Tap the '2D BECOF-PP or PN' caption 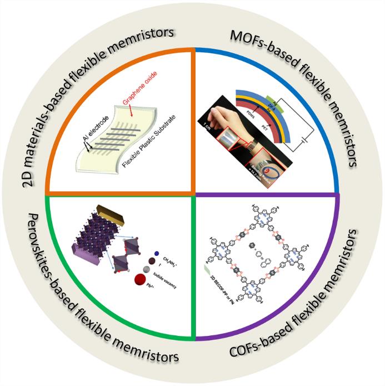click(x=218, y=295)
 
